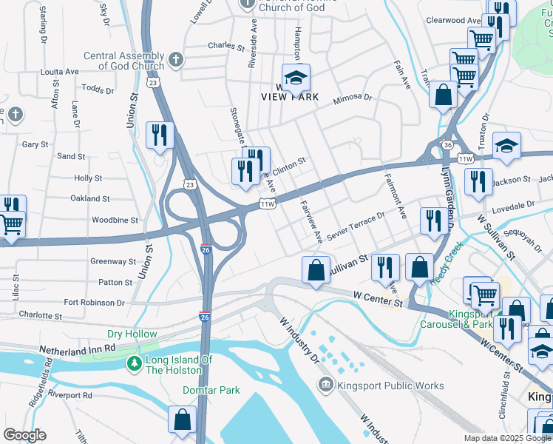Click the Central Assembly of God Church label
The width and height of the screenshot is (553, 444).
[123, 61]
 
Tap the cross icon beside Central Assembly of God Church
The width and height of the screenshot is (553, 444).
[175, 59]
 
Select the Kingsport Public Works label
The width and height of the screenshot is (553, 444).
[390, 386]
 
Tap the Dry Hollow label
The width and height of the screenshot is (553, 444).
[132, 334]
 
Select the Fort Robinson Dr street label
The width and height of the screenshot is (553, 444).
[94, 303]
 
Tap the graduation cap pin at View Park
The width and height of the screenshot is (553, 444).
[296, 78]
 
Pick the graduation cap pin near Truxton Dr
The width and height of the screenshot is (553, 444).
[507, 144]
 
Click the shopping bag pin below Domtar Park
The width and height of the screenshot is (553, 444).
[182, 420]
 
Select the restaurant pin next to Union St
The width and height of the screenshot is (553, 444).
[160, 135]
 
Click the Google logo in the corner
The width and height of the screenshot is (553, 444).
[24, 435]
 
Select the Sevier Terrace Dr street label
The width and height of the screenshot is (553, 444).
[356, 224]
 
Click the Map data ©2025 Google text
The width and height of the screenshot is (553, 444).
[506, 438]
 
